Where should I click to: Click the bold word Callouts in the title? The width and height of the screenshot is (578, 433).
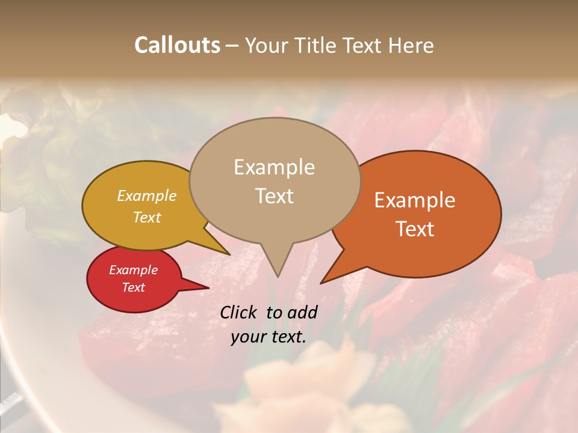(177, 45)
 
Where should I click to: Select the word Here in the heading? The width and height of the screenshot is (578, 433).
(411, 45)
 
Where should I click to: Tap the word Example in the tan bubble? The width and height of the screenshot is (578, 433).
(274, 167)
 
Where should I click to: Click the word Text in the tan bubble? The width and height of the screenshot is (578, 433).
(274, 196)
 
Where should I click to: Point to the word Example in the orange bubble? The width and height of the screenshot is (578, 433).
(415, 200)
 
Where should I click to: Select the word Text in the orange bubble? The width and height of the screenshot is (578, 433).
(415, 229)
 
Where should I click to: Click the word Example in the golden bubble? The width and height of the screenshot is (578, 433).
(146, 195)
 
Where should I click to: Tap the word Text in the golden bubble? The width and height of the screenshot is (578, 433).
(146, 217)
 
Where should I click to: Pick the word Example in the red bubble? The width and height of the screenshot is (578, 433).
(133, 270)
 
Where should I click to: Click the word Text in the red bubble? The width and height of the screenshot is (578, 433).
(133, 287)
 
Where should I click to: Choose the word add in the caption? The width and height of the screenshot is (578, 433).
(303, 312)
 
